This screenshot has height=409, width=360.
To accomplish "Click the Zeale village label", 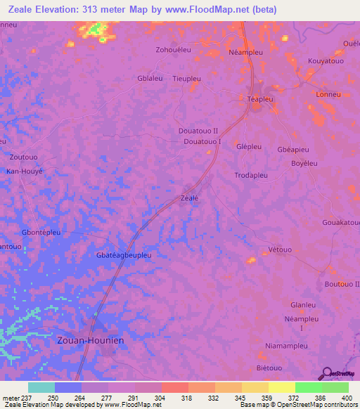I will coord(190,198).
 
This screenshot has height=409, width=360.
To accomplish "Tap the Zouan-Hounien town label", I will coord(89,340).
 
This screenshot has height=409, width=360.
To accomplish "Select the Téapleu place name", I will coord(260,100).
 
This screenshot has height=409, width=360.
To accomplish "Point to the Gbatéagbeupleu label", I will coord(123,255).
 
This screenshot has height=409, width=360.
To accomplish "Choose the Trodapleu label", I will coord(252,174).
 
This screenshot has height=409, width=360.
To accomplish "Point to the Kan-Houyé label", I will coord(25,171).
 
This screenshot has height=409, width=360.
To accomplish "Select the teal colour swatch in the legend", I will coord(41,387).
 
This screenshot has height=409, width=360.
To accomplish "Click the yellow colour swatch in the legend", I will coord(281,387).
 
